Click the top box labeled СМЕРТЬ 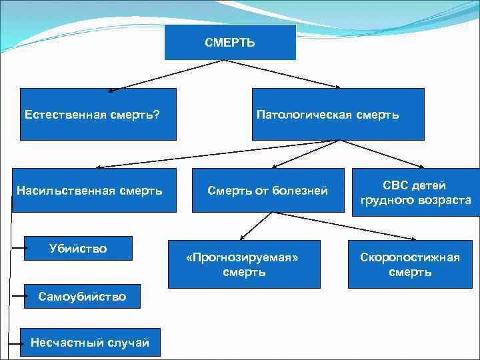pyautogui.click(x=230, y=43)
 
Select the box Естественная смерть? pyautogui.click(x=98, y=114)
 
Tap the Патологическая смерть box pyautogui.click(x=337, y=114)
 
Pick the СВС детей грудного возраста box pyautogui.click(x=415, y=192)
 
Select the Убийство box pyautogui.click(x=78, y=249)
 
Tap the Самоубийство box pyautogui.click(x=83, y=296)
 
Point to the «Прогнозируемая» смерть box pyautogui.click(x=244, y=264)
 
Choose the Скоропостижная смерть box pyautogui.click(x=409, y=264)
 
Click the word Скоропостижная pyautogui.click(x=409, y=257)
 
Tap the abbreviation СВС pyautogui.click(x=396, y=185)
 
